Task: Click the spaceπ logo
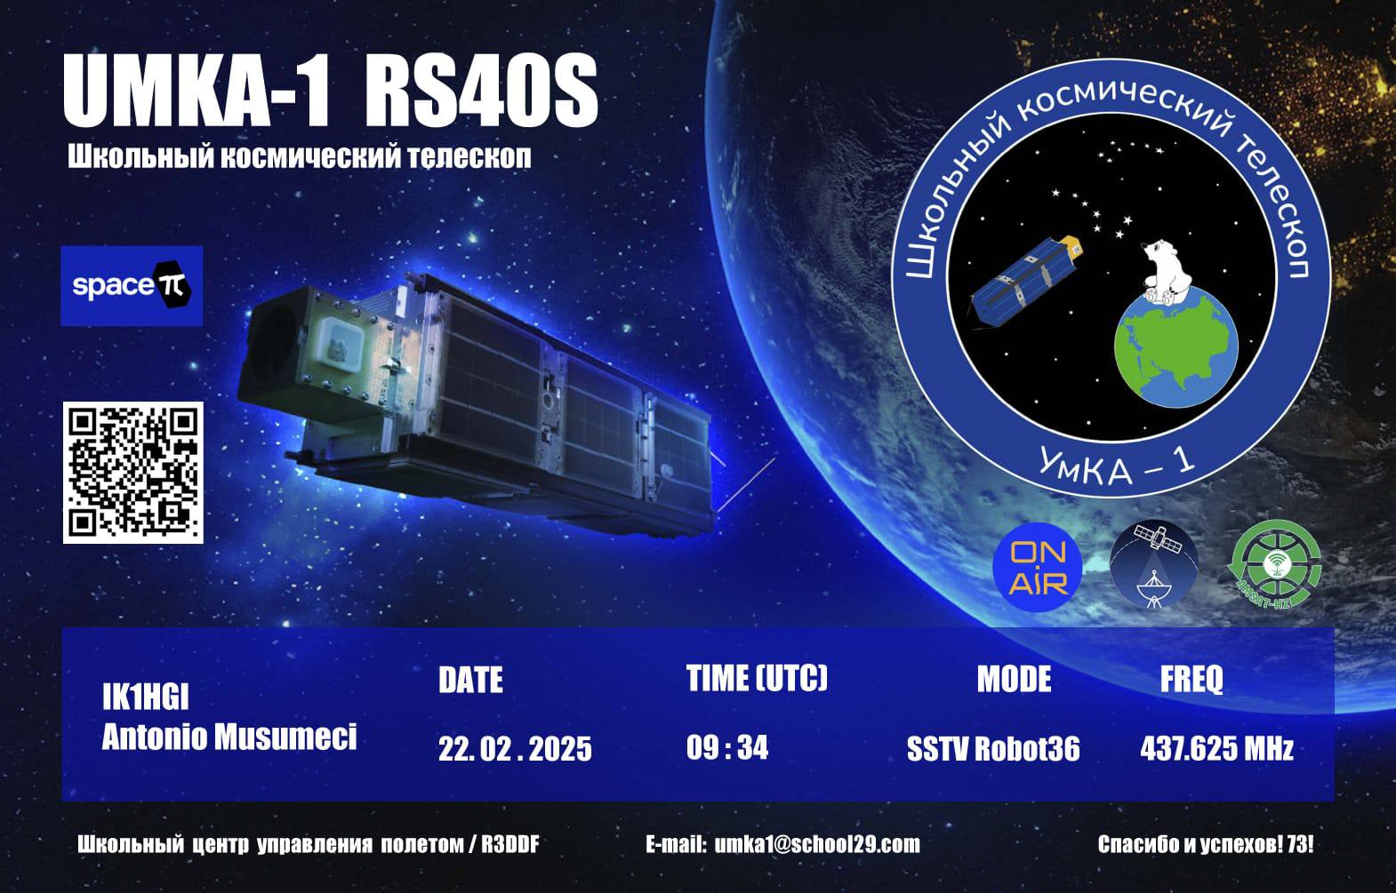(132, 286)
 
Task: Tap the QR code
(132, 473)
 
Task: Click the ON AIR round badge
(1037, 567)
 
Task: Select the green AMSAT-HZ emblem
(1274, 565)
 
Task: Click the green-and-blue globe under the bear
(1176, 351)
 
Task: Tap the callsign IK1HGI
(145, 698)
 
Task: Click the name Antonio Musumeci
(229, 738)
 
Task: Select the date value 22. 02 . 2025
(515, 748)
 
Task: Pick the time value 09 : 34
(727, 747)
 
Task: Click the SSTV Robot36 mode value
(993, 748)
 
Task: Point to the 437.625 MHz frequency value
(1216, 748)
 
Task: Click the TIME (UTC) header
(758, 678)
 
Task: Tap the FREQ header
(1191, 680)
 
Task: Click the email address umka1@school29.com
(817, 844)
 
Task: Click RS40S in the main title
(480, 91)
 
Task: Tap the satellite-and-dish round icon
(1153, 565)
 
